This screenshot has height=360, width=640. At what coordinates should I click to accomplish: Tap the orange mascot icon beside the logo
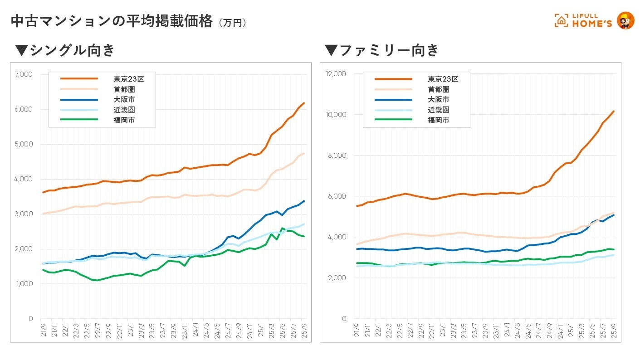click(x=626, y=20)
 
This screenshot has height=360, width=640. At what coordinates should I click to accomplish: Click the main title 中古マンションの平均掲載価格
click(x=111, y=21)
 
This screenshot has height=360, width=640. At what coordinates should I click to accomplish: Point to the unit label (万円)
click(x=232, y=23)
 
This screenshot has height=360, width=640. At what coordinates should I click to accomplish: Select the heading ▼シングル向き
click(x=65, y=50)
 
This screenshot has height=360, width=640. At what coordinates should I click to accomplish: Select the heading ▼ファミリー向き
click(x=382, y=50)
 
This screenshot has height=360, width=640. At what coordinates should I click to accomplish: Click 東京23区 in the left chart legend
click(x=128, y=79)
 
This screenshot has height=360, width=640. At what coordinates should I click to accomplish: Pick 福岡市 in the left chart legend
click(x=124, y=120)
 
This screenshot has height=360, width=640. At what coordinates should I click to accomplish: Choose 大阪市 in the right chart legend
click(x=439, y=99)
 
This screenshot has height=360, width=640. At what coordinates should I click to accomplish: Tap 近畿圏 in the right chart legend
click(x=439, y=110)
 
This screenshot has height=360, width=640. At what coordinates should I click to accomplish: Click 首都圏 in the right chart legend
click(x=439, y=89)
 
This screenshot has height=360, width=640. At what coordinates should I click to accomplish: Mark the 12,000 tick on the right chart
click(x=336, y=74)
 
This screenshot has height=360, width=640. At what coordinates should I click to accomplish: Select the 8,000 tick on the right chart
click(x=337, y=156)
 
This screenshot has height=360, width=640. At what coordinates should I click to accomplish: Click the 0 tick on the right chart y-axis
click(x=344, y=319)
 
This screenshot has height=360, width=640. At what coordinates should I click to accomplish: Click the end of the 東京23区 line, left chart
click(x=304, y=103)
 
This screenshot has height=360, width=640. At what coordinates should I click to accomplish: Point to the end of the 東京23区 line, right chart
click(x=614, y=111)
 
